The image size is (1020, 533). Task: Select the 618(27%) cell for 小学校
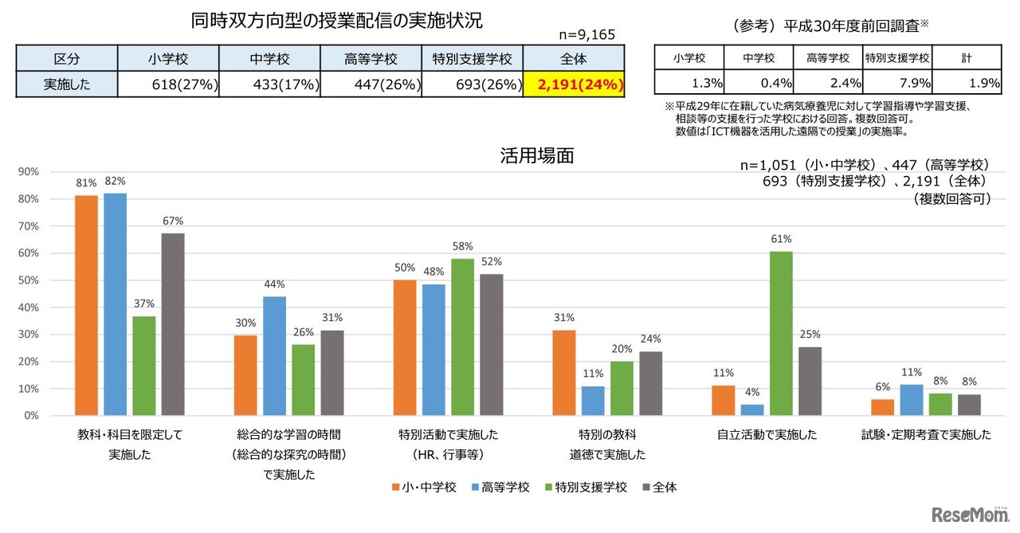click(168, 84)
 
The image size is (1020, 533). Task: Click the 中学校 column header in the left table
click(269, 59)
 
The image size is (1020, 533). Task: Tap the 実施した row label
click(66, 84)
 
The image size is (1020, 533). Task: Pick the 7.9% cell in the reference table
click(898, 82)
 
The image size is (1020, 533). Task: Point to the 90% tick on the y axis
click(29, 172)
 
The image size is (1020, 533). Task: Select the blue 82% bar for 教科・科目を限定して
click(115, 304)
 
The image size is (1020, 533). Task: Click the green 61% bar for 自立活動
click(781, 333)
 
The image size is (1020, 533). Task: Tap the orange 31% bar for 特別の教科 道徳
click(564, 372)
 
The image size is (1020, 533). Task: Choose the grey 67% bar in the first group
click(172, 324)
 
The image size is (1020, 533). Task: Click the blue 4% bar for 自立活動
click(752, 410)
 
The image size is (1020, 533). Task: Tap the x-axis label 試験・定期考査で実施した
click(926, 435)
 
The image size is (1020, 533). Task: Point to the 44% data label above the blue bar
click(274, 284)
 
